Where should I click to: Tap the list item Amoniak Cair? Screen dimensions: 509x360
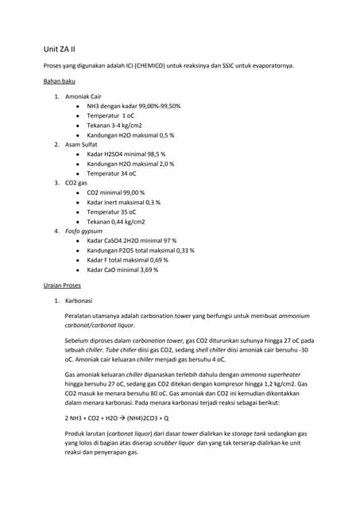[x=83, y=96]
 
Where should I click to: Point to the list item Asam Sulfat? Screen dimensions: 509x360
[x=82, y=144]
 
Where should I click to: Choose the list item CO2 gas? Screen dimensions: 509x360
[x=76, y=183]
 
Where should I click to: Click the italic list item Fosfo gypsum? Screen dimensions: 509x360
[x=87, y=231]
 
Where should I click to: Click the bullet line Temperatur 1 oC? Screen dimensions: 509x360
[x=110, y=115]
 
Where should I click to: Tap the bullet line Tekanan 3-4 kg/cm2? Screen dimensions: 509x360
[x=117, y=125]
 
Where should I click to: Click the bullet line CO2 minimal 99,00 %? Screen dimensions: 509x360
[x=121, y=192]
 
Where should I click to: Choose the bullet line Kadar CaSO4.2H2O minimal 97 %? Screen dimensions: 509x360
[x=131, y=240]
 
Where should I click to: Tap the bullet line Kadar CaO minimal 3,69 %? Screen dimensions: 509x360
[x=122, y=269]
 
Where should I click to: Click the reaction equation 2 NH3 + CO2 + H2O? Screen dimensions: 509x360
[x=116, y=417]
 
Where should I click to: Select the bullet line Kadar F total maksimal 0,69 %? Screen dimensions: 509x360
[x=127, y=259]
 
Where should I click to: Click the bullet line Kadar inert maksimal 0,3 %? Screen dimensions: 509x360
[x=123, y=202]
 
